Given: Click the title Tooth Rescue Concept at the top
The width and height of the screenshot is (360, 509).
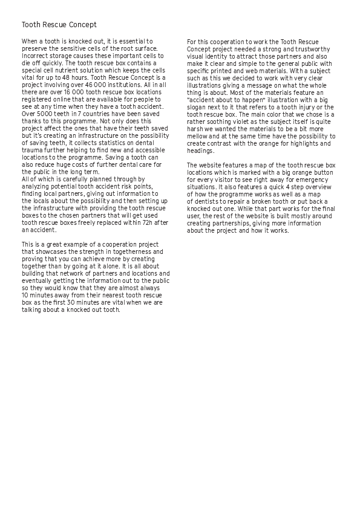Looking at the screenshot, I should point(59,25).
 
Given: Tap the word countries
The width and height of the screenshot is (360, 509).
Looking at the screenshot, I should point(95,114).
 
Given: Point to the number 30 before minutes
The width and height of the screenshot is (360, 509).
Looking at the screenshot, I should point(75,303).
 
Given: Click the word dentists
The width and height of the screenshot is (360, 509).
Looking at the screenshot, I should point(206,202).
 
